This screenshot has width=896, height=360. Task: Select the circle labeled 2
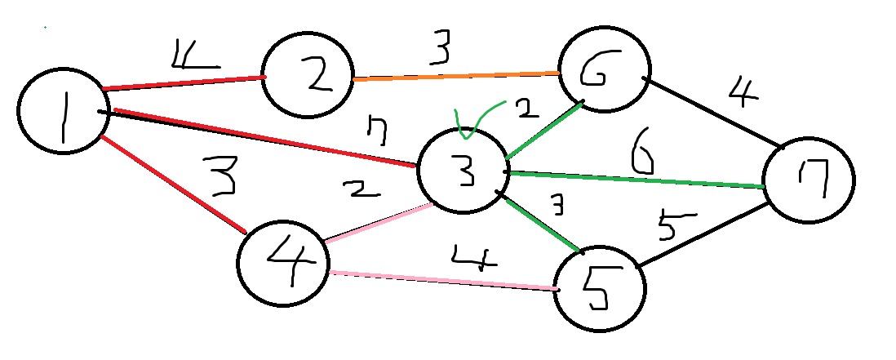tap(306, 76)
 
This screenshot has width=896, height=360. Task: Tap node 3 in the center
tap(461, 170)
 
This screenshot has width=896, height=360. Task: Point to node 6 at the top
tap(605, 72)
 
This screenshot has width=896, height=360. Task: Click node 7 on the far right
tap(808, 180)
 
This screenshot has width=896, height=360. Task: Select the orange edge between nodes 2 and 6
tap(455, 76)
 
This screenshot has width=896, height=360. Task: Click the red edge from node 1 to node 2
tap(184, 82)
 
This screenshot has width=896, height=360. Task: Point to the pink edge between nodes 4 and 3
tap(377, 223)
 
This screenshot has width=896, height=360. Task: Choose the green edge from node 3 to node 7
tap(637, 180)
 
